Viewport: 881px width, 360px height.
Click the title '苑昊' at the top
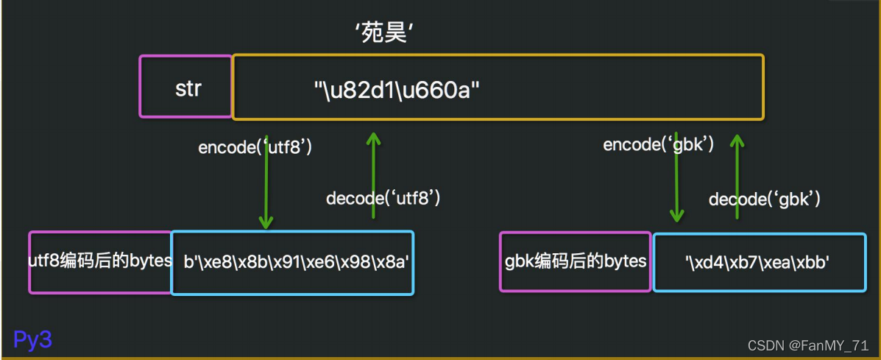pyautogui.click(x=382, y=33)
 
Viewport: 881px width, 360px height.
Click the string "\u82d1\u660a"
pyautogui.click(x=397, y=91)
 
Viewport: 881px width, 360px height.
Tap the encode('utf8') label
pyautogui.click(x=255, y=147)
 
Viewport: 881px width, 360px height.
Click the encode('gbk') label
pyautogui.click(x=659, y=144)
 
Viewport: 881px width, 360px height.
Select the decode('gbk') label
pyautogui.click(x=764, y=199)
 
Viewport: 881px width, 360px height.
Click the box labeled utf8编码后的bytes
pyautogui.click(x=100, y=261)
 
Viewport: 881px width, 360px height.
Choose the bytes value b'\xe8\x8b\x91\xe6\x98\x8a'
pyautogui.click(x=292, y=263)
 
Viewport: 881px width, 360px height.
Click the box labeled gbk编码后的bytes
pyautogui.click(x=576, y=261)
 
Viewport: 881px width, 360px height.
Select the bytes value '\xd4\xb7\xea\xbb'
pyautogui.click(x=757, y=262)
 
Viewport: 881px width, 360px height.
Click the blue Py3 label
pyautogui.click(x=33, y=339)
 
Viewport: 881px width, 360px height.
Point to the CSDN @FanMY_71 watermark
pyautogui.click(x=808, y=346)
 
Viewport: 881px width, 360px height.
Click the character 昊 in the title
pyautogui.click(x=394, y=33)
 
